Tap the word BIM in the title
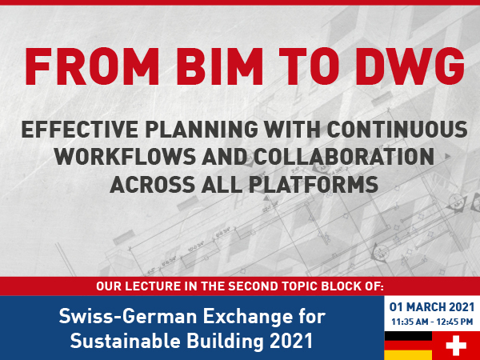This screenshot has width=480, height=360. [219, 66]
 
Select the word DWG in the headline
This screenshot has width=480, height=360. [410, 66]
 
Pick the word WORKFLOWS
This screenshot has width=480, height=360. [125, 157]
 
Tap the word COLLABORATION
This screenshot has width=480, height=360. [344, 157]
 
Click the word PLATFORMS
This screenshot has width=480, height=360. [313, 184]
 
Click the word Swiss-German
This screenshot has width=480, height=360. [128, 316]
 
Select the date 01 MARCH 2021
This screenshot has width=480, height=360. [432, 307]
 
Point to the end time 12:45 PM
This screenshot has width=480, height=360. [454, 322]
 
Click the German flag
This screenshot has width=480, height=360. [408, 346]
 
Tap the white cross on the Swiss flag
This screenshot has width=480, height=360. [456, 346]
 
